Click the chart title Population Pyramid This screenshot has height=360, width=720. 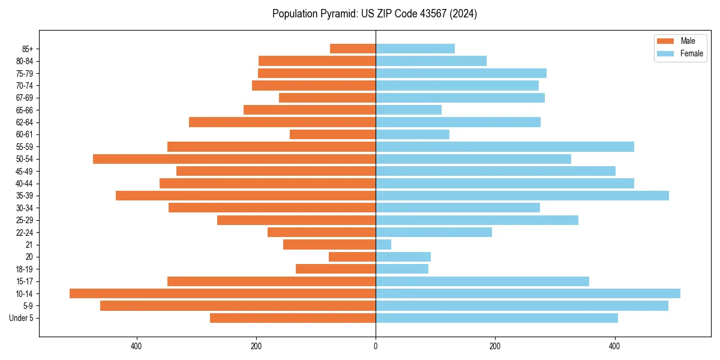click(374, 14)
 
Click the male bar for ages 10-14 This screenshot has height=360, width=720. click(223, 293)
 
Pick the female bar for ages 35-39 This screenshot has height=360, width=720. click(522, 196)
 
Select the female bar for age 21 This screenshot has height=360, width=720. click(383, 245)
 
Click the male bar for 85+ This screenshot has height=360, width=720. click(353, 49)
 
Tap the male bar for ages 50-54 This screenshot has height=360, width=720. click(234, 159)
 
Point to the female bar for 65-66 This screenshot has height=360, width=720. click(409, 110)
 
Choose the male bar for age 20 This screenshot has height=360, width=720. click(352, 257)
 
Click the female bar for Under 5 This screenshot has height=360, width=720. click(497, 318)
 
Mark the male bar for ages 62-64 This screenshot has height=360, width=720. click(282, 122)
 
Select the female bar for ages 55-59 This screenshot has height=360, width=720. click(505, 147)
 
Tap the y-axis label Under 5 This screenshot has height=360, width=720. click(21, 318)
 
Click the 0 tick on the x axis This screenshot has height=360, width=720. click(376, 346)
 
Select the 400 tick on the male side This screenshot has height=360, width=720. click(136, 346)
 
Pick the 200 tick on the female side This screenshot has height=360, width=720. click(495, 346)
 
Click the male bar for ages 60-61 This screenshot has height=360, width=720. click(332, 134)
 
